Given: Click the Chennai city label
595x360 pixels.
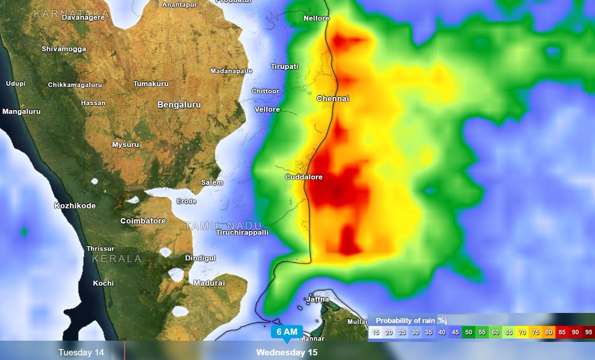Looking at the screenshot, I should coord(333,99).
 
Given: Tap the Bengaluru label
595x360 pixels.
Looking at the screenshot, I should coord(179,105).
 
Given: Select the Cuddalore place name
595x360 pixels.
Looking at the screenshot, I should coord(304,177).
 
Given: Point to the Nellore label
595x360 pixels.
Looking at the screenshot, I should coord(316,18).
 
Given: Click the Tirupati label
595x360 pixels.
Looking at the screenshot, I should coord(285,66).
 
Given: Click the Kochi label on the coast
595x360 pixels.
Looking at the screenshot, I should coord(103,283).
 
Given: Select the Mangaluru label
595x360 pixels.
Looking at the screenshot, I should coord(21,112).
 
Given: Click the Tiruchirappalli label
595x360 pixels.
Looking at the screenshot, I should coord(242,232).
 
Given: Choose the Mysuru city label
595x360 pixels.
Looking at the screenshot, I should coord(125,145).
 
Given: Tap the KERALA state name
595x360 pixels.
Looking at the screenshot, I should coord(117,259).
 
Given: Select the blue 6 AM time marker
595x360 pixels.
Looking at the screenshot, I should coord(286,332).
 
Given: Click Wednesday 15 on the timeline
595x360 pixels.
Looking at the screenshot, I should coord(287,353).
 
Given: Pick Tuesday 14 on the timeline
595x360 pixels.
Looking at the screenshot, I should coord(81,353).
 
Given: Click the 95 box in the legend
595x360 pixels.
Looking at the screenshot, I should coord(589,332).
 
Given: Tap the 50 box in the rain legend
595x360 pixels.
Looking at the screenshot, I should coord(468,332).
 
